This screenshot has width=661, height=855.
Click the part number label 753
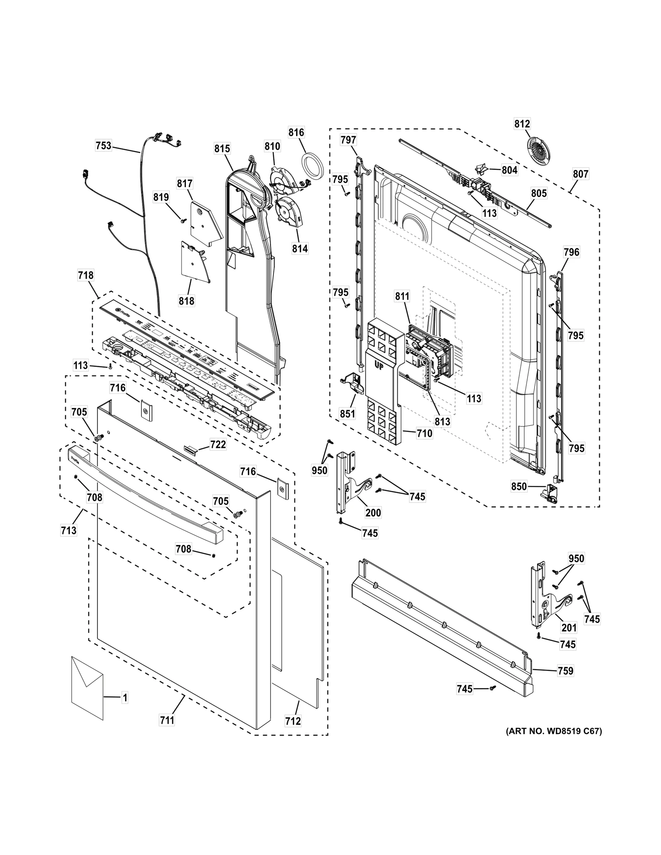click(103, 146)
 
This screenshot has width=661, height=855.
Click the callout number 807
click(580, 174)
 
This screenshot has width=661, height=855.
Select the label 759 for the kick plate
click(565, 671)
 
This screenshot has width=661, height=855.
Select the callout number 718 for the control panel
click(86, 275)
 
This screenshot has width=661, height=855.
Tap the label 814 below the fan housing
click(300, 249)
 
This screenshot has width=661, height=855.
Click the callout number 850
click(519, 487)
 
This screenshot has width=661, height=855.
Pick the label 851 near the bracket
click(347, 413)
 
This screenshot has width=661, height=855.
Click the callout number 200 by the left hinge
click(373, 513)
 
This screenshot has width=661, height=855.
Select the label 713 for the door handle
click(69, 530)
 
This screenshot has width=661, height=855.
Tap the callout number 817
click(185, 184)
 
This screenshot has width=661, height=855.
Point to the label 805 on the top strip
click(539, 193)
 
